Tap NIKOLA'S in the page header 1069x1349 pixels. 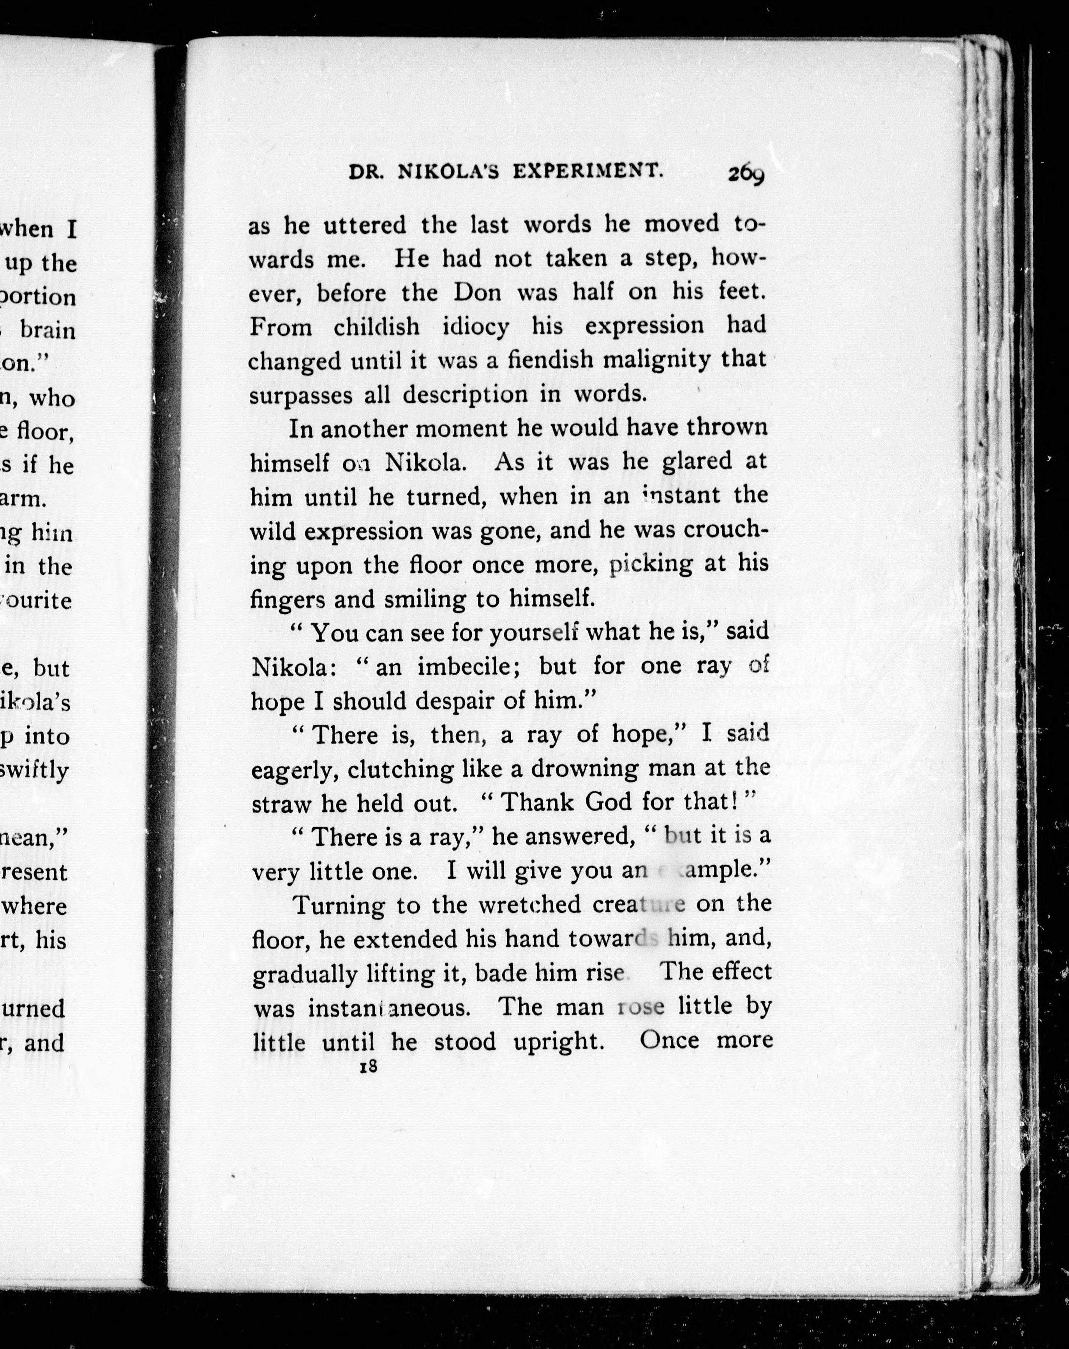coord(448,172)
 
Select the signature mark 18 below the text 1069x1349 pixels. coord(369,1067)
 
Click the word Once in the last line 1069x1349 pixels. coord(671,1041)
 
